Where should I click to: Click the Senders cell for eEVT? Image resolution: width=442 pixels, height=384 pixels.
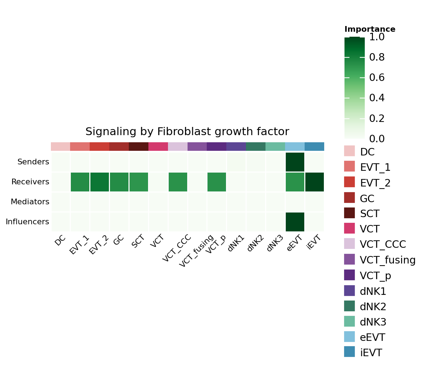[295, 162]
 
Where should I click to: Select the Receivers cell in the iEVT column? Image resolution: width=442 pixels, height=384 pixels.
[315, 182]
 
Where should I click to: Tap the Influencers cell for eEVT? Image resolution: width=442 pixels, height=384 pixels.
[295, 222]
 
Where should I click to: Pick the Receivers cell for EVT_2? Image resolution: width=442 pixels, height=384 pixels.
[100, 182]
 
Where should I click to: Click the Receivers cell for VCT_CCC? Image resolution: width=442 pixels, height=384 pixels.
[178, 182]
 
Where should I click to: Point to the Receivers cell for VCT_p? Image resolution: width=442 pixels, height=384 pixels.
[216, 182]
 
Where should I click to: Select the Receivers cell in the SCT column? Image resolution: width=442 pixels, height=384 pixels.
[138, 182]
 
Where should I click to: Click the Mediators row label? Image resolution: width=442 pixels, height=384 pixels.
[30, 202]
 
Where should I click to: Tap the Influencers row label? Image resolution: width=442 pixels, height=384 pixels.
[27, 222]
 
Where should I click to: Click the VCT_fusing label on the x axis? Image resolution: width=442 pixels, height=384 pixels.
[196, 251]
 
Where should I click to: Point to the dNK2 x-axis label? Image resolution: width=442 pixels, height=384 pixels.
[255, 244]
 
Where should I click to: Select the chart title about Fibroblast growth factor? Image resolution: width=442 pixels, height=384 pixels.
[187, 132]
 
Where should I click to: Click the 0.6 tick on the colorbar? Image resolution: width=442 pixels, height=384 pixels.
[377, 78]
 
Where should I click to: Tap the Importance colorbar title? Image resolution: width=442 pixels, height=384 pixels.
[370, 29]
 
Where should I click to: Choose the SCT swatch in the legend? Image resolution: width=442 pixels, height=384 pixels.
[349, 213]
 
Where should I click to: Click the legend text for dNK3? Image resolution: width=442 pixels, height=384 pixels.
[373, 322]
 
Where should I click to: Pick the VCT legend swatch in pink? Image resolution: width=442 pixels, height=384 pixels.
[349, 228]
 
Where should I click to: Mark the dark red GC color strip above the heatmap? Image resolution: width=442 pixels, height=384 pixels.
[119, 147]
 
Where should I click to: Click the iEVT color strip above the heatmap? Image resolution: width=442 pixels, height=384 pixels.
[315, 147]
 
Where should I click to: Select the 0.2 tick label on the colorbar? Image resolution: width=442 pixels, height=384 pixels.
[377, 118]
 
